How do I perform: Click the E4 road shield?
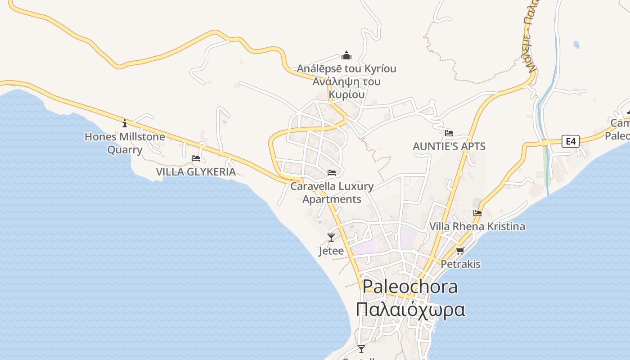pyautogui.click(x=571, y=141)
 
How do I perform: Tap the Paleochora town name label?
pyautogui.click(x=410, y=287)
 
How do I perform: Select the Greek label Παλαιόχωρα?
pyautogui.click(x=410, y=310)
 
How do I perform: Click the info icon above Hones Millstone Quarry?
pyautogui.click(x=125, y=123)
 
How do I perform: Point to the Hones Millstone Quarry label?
pyautogui.click(x=125, y=143)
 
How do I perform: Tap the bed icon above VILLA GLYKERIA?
pyautogui.click(x=196, y=158)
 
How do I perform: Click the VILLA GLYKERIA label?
pyautogui.click(x=196, y=171)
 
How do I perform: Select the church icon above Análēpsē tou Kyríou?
pyautogui.click(x=346, y=55)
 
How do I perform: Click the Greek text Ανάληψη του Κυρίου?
pyautogui.click(x=346, y=88)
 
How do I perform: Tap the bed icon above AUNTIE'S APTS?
pyautogui.click(x=449, y=133)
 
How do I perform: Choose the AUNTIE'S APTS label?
pyautogui.click(x=449, y=146)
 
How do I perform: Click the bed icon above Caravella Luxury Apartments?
pyautogui.click(x=332, y=173)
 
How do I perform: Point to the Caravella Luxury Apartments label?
pyautogui.click(x=332, y=192)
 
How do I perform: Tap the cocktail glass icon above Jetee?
pyautogui.click(x=331, y=237)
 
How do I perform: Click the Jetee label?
pyautogui.click(x=331, y=251)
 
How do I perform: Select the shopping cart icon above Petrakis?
pyautogui.click(x=460, y=251)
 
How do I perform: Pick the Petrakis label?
pyautogui.click(x=460, y=264)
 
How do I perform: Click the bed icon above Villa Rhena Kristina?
pyautogui.click(x=477, y=213)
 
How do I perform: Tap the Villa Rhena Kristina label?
pyautogui.click(x=477, y=226)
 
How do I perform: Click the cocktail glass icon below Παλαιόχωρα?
pyautogui.click(x=361, y=349)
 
